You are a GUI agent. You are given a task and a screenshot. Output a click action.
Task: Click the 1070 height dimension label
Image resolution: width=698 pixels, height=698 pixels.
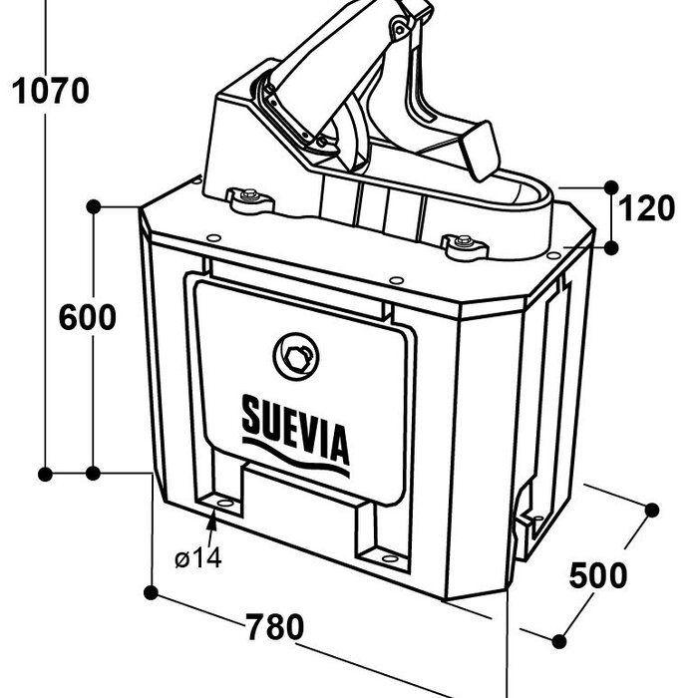(50, 91)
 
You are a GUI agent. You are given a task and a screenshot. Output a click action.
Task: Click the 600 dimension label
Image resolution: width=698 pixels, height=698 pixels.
(87, 318)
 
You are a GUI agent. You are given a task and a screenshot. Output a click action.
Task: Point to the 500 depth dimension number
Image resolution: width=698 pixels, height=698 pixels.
(598, 575)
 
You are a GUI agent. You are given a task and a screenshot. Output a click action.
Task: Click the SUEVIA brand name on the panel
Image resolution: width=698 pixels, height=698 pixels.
(296, 428)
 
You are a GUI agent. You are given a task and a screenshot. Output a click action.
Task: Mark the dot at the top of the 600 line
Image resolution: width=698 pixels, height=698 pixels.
(94, 205)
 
